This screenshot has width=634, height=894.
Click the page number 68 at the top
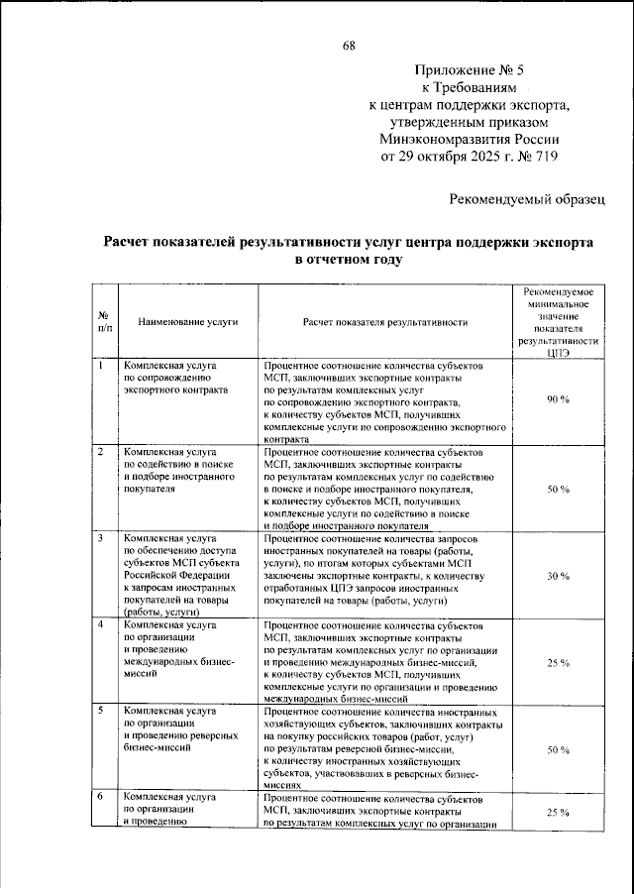coord(350,46)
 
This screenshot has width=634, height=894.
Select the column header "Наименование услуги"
coord(187,322)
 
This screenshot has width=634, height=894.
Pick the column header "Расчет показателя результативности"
coord(385,322)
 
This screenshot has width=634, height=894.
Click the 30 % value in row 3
coord(558,576)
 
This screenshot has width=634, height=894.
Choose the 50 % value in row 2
coord(558,490)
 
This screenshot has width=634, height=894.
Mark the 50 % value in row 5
coord(558,750)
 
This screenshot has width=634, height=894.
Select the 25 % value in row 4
coord(558,663)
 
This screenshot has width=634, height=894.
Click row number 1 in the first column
coord(100,366)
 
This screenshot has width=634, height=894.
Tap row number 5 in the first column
coord(100,712)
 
